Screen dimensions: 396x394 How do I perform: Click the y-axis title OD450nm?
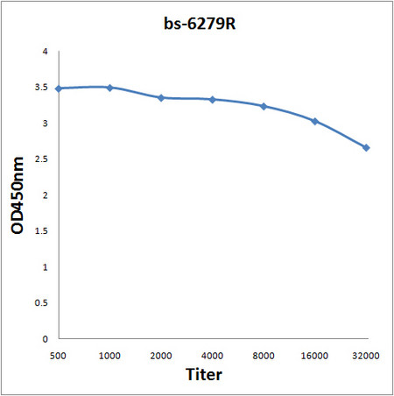pyautogui.click(x=18, y=195)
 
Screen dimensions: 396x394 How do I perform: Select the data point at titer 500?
pyautogui.click(x=58, y=88)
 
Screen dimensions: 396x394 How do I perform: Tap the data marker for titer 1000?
pyautogui.click(x=109, y=88)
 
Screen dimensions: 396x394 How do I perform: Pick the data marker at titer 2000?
pyautogui.click(x=161, y=97)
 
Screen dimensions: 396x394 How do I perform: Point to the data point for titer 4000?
pyautogui.click(x=213, y=99)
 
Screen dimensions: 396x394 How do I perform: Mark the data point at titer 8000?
pyautogui.click(x=264, y=106)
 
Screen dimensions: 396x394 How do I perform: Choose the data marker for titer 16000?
pyautogui.click(x=315, y=121)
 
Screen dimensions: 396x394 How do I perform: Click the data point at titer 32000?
pyautogui.click(x=366, y=147)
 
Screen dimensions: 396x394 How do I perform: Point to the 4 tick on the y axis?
pyautogui.click(x=46, y=52)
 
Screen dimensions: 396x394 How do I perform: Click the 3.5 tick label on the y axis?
pyautogui.click(x=42, y=88)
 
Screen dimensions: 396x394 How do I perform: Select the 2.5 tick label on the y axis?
pyautogui.click(x=42, y=159)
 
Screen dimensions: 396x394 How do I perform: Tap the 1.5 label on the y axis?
pyautogui.click(x=42, y=231)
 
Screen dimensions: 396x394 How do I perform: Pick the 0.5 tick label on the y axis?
pyautogui.click(x=42, y=302)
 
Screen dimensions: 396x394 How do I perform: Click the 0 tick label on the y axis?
pyautogui.click(x=46, y=338)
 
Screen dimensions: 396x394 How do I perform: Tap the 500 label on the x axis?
pyautogui.click(x=58, y=355)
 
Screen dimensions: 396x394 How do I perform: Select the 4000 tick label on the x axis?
pyautogui.click(x=213, y=355)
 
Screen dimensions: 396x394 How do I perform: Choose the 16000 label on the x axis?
pyautogui.click(x=315, y=355)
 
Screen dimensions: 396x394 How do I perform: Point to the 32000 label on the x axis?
pyautogui.click(x=366, y=355)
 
